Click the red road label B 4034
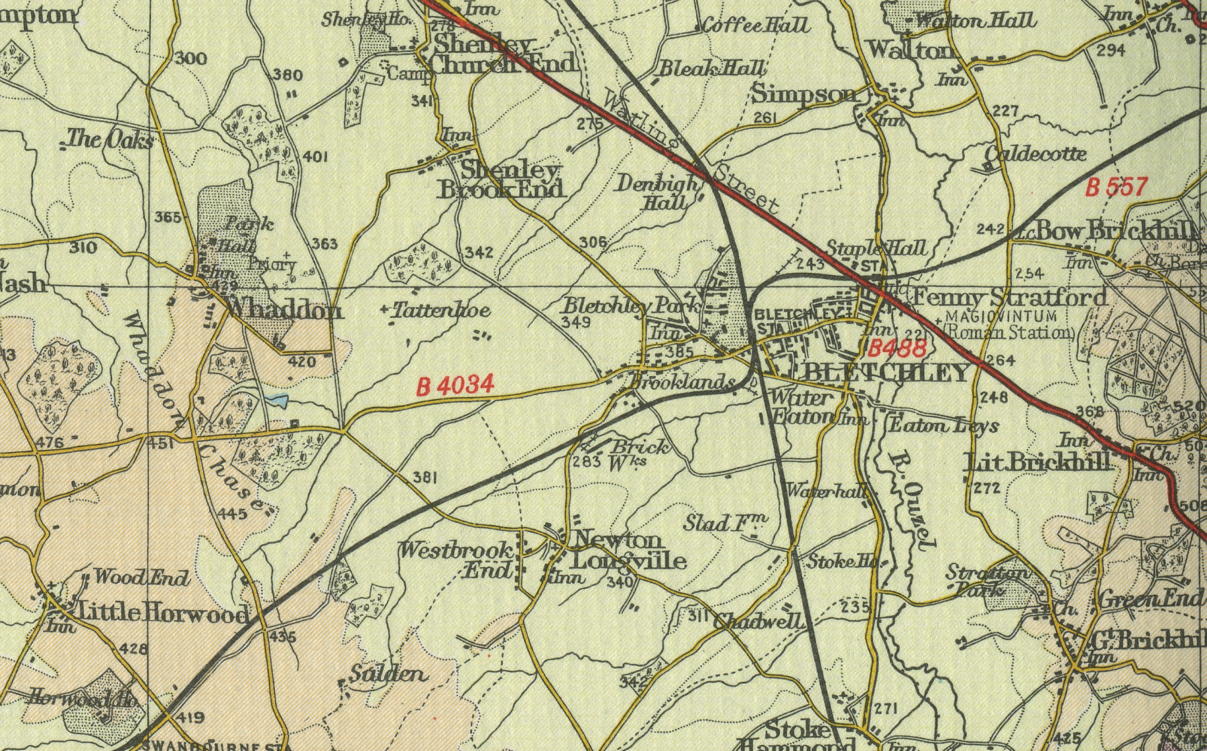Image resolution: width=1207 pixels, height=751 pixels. click(455, 386)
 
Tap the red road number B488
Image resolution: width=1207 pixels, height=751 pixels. click(897, 347)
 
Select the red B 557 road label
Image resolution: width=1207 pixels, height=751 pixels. click(1117, 187)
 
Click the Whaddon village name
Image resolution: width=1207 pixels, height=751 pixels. click(284, 309)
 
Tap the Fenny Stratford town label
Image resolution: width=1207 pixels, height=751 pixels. click(1010, 296)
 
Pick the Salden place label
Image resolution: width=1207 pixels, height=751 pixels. click(389, 674)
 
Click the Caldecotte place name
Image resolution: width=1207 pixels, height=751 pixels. click(1035, 154)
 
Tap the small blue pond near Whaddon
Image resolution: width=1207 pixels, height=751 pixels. click(276, 402)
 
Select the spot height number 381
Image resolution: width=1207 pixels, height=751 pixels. click(425, 477)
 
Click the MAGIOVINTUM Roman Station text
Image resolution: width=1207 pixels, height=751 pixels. click(1010, 324)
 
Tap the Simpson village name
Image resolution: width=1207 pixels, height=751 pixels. click(805, 94)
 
